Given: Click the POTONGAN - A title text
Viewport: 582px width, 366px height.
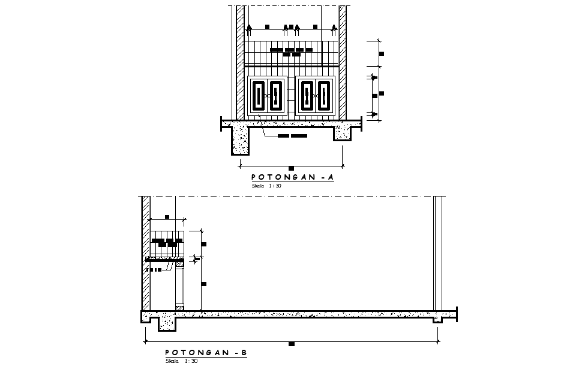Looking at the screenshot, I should coord(291,177).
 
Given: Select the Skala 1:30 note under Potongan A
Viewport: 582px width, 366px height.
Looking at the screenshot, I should coord(266,186).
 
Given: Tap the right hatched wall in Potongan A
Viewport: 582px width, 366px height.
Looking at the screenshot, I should coord(343,60).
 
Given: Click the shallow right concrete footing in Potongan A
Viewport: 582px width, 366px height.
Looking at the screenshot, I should coord(342,134).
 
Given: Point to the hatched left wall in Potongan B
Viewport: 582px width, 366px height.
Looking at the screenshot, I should coord(145,252).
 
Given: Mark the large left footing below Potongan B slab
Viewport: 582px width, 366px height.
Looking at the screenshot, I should coord(167,323).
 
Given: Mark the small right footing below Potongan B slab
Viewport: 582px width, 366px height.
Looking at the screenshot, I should coord(438,320).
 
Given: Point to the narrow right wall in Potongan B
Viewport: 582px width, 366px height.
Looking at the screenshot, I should coord(438,252).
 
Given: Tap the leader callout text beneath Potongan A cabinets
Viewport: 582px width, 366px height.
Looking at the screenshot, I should coord(292,136).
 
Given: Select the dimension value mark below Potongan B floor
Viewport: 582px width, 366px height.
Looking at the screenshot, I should coord(292,344).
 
